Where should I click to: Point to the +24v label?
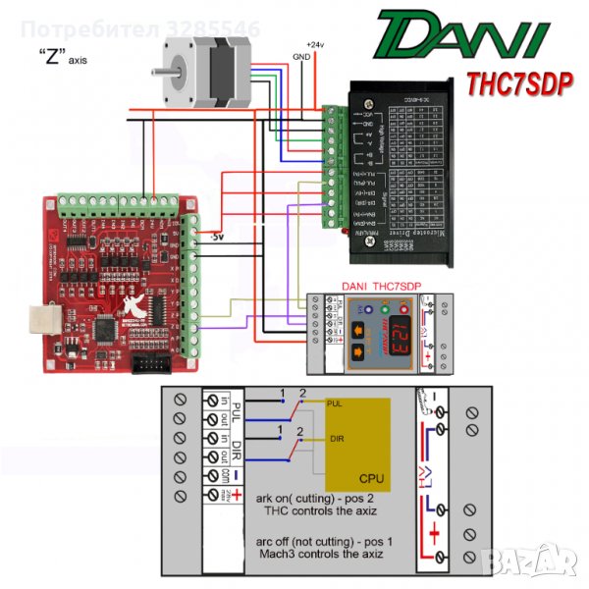(x=315, y=45)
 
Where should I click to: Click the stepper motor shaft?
(x=163, y=70)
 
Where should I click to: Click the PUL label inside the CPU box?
(x=333, y=403)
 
